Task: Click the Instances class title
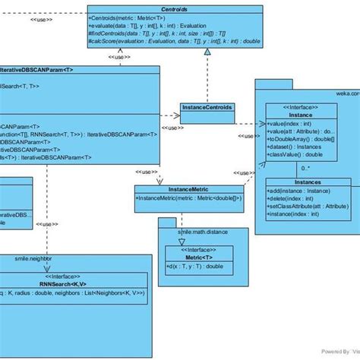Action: tap(307, 183)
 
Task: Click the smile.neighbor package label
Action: tap(33, 258)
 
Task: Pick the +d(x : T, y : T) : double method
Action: tap(195, 267)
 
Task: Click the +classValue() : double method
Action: tap(295, 154)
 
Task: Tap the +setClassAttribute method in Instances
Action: tap(308, 207)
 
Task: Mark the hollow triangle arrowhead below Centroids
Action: tap(207, 51)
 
